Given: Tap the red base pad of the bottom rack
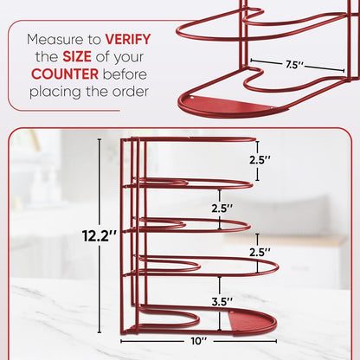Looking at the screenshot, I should coord(253,322).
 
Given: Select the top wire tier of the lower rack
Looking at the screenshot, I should coord(190,138).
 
